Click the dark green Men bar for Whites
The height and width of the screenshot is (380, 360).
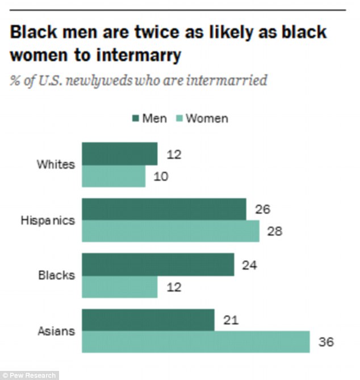[120, 154]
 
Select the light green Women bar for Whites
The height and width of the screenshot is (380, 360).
[114, 176]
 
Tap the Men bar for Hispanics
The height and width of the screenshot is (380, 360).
[164, 209]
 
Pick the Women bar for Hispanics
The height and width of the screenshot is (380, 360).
[170, 231]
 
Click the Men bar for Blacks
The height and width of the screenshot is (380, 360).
[158, 264]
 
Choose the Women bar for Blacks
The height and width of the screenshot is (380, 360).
[120, 286]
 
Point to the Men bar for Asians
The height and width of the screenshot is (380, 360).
[148, 320]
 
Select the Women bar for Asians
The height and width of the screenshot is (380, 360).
[196, 342]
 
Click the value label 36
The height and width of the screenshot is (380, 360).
[327, 343]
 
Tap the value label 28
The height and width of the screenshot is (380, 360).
[275, 232]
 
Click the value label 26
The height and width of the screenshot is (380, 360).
[263, 210]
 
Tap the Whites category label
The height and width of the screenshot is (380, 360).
[56, 165]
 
